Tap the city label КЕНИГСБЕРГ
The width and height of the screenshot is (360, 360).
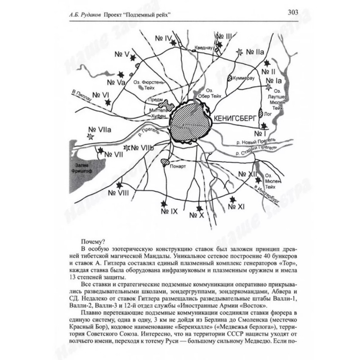pos(235,118)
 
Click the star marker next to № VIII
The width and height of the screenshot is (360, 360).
pos(119,184)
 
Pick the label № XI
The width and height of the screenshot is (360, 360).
pos(236,207)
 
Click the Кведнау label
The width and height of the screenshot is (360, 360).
pos(203,47)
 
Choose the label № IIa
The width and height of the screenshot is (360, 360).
pos(254,52)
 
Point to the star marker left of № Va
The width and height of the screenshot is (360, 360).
pos(121,74)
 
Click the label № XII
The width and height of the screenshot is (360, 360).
pos(247,175)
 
